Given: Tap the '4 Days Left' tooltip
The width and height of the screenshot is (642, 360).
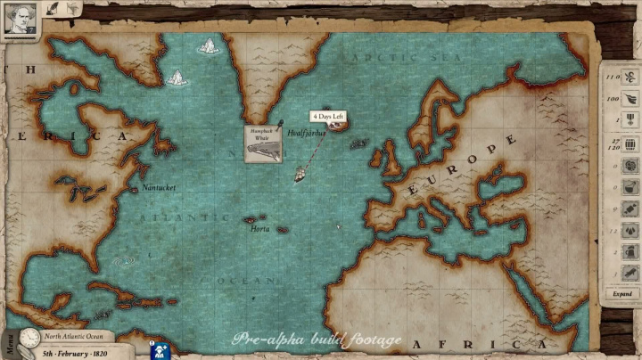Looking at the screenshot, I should click(x=326, y=117).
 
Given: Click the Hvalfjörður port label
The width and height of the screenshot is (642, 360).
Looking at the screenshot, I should click(x=307, y=133).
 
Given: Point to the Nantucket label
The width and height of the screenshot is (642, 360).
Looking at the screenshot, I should click(x=158, y=188).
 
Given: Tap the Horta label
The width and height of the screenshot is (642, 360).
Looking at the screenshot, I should click(x=259, y=229).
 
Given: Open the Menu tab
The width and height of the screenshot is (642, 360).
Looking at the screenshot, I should click(x=8, y=344).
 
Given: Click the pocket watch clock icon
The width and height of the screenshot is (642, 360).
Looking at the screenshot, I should click(x=29, y=338).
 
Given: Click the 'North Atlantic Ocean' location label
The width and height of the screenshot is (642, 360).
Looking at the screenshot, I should click(x=74, y=337).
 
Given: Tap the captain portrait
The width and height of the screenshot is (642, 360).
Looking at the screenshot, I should click(x=19, y=18).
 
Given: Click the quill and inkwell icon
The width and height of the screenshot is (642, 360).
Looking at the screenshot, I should click(x=53, y=8).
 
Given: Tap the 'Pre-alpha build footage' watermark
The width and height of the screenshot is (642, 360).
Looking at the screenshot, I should click(x=317, y=340).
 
